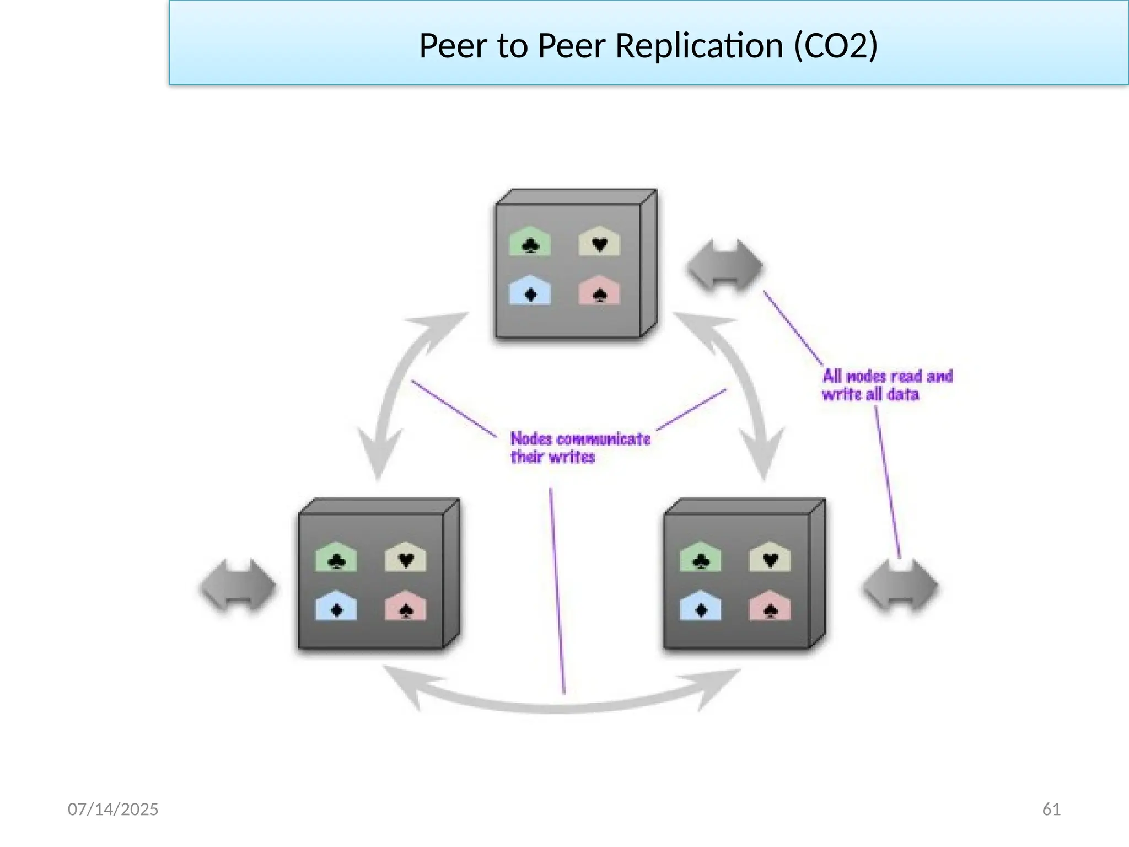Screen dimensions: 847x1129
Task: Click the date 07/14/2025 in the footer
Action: coord(113,809)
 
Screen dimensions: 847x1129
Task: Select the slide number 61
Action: coord(1051,809)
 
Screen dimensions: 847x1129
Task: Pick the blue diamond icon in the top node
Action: coord(530,291)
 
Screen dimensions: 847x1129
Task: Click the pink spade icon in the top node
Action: coord(599,291)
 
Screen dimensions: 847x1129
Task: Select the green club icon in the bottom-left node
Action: coord(336,557)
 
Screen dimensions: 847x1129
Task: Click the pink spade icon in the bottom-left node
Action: coord(405,607)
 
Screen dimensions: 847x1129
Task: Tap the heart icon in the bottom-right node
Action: coord(770,557)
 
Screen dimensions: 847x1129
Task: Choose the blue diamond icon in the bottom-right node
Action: coord(700,607)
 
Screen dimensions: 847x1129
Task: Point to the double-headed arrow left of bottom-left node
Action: coord(238,585)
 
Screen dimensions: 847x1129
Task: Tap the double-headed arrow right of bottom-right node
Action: coord(900,585)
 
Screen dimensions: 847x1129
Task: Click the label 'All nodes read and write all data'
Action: coord(886,385)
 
